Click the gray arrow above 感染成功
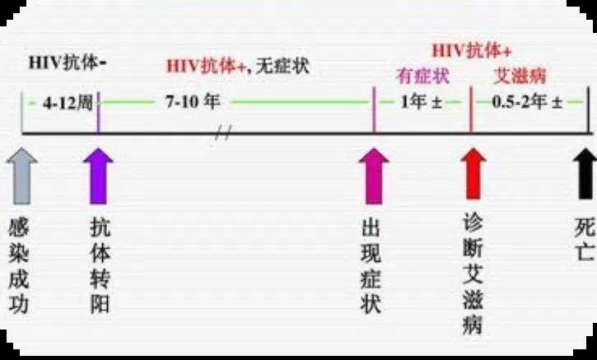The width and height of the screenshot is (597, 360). click(22, 176)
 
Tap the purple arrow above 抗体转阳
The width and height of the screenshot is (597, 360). click(98, 176)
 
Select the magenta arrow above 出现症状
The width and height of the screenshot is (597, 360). click(374, 176)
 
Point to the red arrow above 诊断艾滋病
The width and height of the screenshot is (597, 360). click(473, 173)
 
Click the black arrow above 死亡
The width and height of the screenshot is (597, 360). click(586, 173)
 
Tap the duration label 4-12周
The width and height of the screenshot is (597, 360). click(68, 103)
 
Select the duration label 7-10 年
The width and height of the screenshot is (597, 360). click(193, 101)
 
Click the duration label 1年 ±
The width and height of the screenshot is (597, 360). click(421, 101)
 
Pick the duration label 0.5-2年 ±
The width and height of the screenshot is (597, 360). click(527, 101)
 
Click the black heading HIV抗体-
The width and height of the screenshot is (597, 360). click(68, 63)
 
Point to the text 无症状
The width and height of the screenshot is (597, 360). click(282, 67)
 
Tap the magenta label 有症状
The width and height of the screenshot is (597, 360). click(422, 76)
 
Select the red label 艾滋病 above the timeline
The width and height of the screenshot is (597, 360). click(520, 76)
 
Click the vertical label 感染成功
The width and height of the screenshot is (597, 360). click(19, 265)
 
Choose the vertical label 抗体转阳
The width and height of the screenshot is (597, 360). click(100, 265)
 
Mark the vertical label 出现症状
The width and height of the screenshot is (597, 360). click(371, 267)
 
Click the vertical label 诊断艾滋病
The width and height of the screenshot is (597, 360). click(473, 274)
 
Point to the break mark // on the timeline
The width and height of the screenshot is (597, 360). click(223, 133)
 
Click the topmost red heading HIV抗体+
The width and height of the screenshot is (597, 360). click(472, 51)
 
